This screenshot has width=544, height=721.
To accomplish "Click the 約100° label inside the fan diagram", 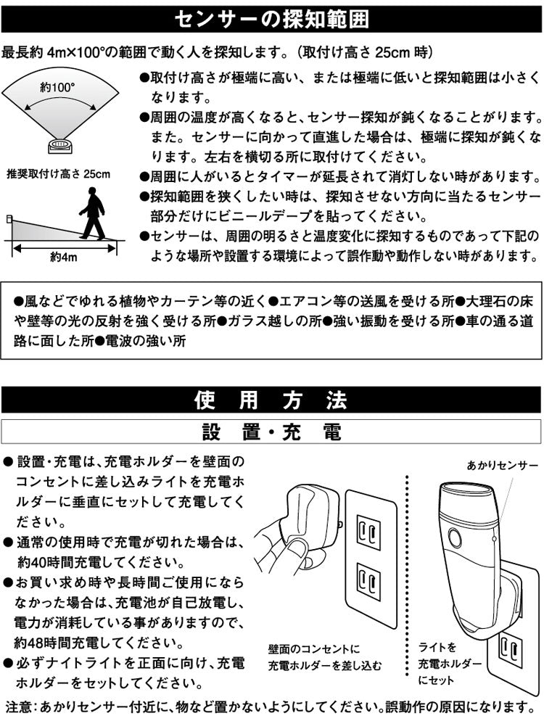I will tap(58, 87).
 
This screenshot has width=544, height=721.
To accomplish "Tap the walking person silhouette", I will tap(92, 213).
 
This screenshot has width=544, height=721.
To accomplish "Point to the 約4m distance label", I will tap(63, 257).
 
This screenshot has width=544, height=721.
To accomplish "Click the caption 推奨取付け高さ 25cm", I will tap(57, 173).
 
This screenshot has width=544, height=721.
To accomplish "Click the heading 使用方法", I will tap(271, 400).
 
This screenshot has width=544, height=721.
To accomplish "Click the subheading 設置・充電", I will tap(271, 432).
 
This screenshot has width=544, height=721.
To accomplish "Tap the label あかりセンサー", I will tap(502, 463).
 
